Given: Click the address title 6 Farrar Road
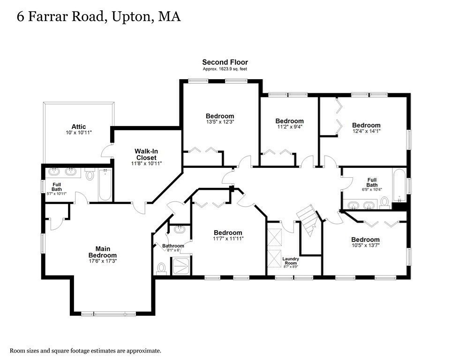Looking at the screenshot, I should click(x=98, y=17).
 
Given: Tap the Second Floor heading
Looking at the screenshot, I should click(x=225, y=62).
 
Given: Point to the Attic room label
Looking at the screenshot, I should click(x=78, y=127).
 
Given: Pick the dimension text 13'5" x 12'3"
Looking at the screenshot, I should click(x=219, y=122).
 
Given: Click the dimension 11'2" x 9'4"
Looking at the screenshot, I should click(x=289, y=127).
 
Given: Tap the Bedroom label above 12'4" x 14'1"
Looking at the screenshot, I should click(x=366, y=125).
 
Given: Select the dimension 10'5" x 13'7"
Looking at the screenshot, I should click(x=366, y=245).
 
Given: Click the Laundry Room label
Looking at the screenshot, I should click(x=291, y=261).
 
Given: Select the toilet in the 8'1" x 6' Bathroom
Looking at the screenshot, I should click(x=161, y=268).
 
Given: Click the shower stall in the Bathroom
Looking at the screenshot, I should click(x=181, y=266).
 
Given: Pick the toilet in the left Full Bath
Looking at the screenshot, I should click(x=90, y=175).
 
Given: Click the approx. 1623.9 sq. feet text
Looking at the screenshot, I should click(x=225, y=69).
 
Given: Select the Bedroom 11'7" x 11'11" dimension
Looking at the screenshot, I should click(x=228, y=239).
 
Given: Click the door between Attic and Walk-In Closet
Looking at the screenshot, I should click(x=107, y=151).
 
